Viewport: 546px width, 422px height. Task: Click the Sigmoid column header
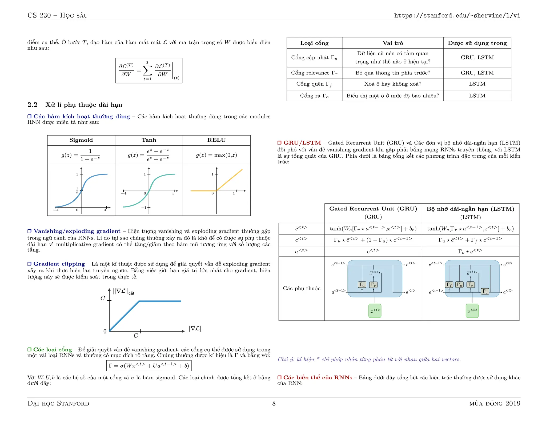coord(81,140)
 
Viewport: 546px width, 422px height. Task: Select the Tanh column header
coord(149,140)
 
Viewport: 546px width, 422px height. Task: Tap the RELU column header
coord(216,140)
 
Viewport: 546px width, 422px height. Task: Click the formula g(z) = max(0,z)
coord(216,155)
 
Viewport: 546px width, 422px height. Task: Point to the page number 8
coord(274,403)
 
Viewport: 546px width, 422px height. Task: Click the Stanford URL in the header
coord(457,15)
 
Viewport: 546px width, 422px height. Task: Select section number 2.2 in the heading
coord(33,105)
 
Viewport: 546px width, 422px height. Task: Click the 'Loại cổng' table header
coord(314,43)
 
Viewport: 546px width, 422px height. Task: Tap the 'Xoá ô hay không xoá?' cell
coord(393,84)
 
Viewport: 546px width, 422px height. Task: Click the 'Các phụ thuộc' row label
coord(302,288)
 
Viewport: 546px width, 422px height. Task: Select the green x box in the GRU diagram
coord(375,311)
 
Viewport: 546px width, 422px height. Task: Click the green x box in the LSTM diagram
coord(472,311)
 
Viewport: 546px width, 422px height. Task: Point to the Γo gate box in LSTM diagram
coord(485,291)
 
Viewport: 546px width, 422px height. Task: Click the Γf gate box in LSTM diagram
coord(449,285)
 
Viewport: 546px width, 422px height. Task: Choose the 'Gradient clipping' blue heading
coord(59,264)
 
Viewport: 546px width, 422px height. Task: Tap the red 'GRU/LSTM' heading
coord(302,143)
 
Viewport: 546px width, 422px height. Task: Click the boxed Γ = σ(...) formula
coord(149,366)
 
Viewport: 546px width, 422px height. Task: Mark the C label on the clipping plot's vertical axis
coord(103,298)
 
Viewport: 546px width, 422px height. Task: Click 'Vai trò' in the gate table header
coord(393,43)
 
